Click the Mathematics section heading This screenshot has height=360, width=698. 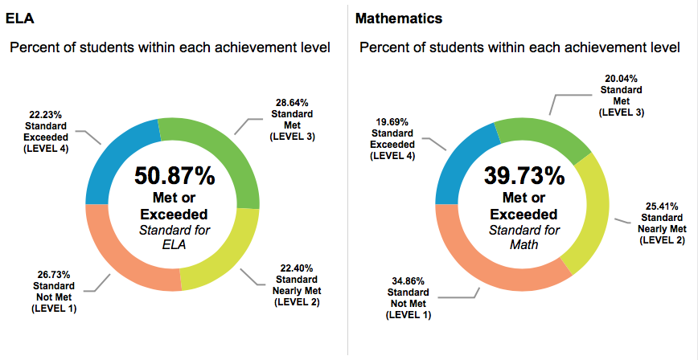point(399,17)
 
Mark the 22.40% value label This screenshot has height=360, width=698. point(297,268)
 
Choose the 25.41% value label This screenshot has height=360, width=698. point(662,205)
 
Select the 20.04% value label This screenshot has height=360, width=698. point(620,80)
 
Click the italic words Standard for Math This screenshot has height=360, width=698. point(523,237)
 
